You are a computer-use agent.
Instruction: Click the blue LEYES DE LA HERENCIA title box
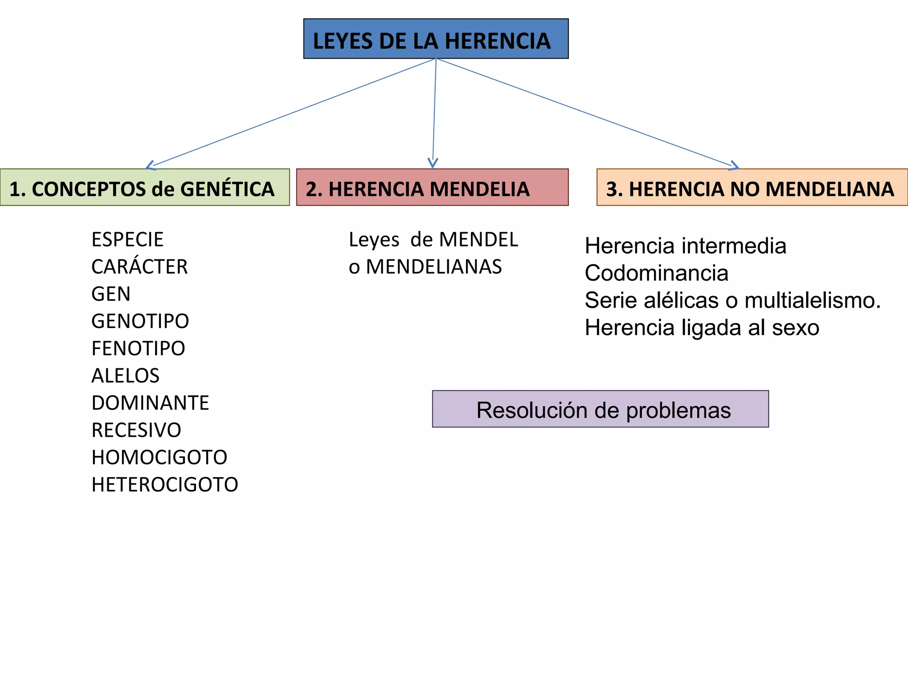(436, 39)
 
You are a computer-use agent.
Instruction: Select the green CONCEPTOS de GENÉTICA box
(145, 188)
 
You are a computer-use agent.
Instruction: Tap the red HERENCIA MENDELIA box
(432, 188)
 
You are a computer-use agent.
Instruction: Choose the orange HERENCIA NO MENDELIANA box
(752, 188)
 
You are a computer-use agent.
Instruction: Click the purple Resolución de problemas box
(600, 409)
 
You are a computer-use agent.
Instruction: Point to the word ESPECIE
(127, 240)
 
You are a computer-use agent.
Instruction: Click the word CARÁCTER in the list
(139, 267)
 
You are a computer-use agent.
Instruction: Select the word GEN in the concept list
(111, 294)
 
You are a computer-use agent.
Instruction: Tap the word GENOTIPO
(140, 321)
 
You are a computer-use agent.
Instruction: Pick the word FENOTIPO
(138, 348)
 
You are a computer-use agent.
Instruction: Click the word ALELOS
(125, 376)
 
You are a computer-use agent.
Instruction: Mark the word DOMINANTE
(150, 403)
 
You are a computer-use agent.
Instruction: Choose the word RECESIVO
(136, 430)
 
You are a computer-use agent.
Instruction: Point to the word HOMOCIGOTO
(159, 458)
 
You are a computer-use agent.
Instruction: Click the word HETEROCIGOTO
(164, 485)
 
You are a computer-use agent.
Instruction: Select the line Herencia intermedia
(685, 246)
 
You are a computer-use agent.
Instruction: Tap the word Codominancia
(656, 273)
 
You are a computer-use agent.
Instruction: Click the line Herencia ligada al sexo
(702, 328)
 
